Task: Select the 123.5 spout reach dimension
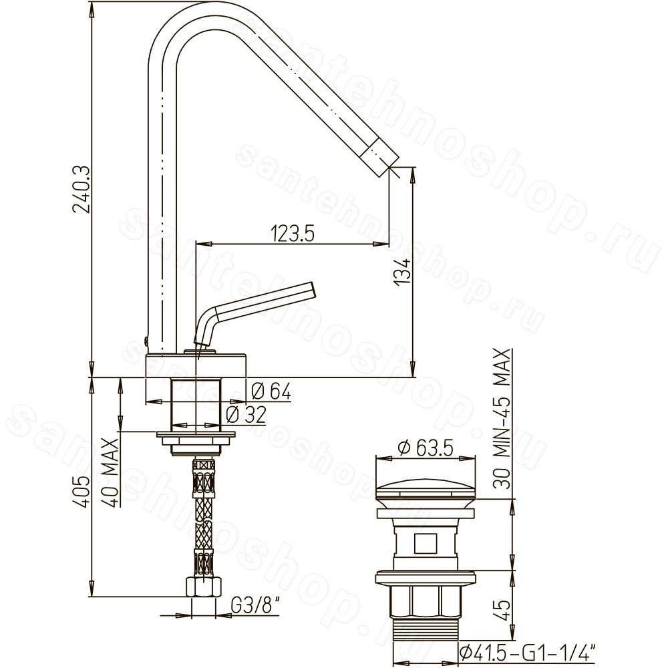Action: (x=293, y=233)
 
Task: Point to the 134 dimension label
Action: (x=403, y=271)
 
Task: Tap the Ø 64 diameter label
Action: (x=271, y=391)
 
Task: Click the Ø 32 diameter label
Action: (x=246, y=415)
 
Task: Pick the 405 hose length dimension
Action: (x=81, y=491)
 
